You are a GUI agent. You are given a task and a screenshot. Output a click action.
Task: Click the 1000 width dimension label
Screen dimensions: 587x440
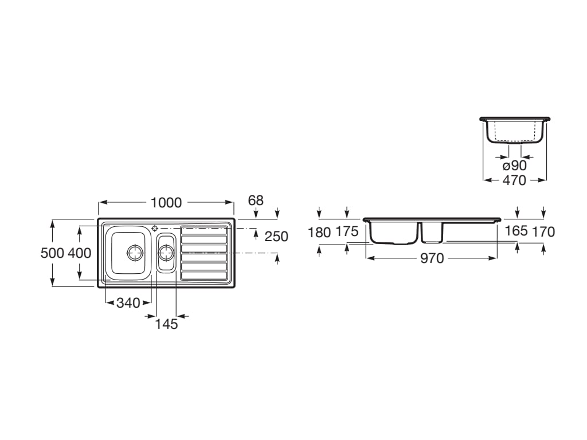(x=166, y=202)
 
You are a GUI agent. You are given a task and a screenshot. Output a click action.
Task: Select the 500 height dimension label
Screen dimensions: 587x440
(x=52, y=253)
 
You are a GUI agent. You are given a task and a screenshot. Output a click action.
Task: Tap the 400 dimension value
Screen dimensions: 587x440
(x=79, y=253)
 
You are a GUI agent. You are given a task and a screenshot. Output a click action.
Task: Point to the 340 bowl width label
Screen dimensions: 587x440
(x=128, y=302)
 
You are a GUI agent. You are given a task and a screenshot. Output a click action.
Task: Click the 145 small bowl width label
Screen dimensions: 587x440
(x=166, y=324)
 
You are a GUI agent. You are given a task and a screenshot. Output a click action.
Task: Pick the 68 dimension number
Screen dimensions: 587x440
(x=256, y=201)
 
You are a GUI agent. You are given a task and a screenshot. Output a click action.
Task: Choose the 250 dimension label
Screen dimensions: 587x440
(x=276, y=237)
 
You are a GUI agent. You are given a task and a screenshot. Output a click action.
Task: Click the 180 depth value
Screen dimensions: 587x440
(x=319, y=233)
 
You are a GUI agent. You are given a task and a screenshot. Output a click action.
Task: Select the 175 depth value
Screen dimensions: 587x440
(x=347, y=231)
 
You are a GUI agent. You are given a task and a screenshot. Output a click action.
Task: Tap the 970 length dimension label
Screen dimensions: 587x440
(x=432, y=258)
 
